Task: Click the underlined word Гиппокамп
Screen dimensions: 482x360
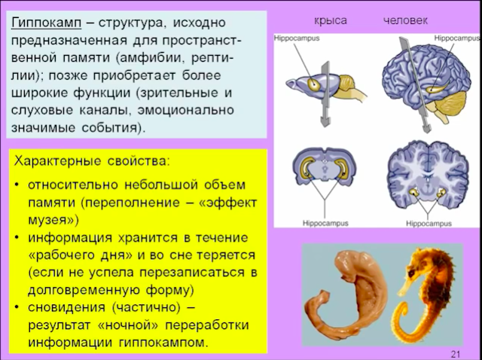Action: tap(47, 23)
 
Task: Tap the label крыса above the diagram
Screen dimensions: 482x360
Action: tap(331, 21)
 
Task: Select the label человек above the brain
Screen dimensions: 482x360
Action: tap(405, 20)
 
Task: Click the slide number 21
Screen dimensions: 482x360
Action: tap(455, 354)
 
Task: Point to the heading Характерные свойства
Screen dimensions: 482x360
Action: tap(92, 161)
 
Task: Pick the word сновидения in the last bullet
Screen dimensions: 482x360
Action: tap(67, 307)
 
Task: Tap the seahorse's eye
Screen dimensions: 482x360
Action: tap(411, 273)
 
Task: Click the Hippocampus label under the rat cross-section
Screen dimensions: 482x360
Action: tap(325, 223)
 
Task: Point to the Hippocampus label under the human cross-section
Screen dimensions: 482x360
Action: tap(429, 224)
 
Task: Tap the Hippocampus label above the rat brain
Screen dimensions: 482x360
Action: tap(297, 38)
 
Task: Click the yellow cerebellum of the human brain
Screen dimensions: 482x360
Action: tap(451, 105)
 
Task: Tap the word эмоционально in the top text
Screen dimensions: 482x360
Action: tap(186, 111)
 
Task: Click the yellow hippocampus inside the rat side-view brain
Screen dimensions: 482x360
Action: tap(314, 84)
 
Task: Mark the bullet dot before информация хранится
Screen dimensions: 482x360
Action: tap(17, 238)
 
